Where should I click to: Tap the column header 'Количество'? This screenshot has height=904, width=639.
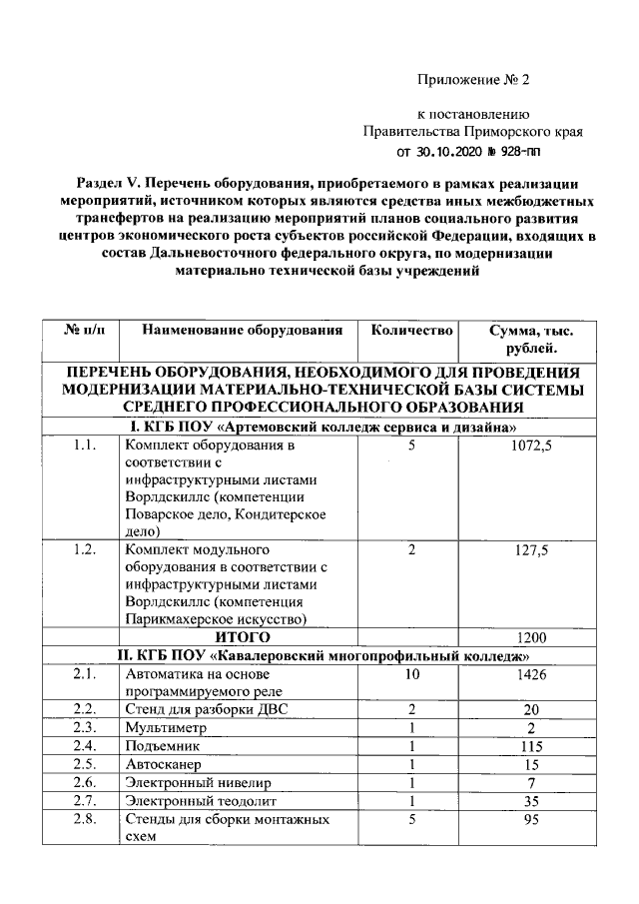411,331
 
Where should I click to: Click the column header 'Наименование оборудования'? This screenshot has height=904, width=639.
243,331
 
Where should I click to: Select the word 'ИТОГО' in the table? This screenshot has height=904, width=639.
243,635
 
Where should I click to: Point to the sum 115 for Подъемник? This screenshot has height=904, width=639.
530,746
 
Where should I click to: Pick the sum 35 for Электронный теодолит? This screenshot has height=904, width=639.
530,801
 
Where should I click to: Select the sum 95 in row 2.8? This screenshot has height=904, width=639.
530,820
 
